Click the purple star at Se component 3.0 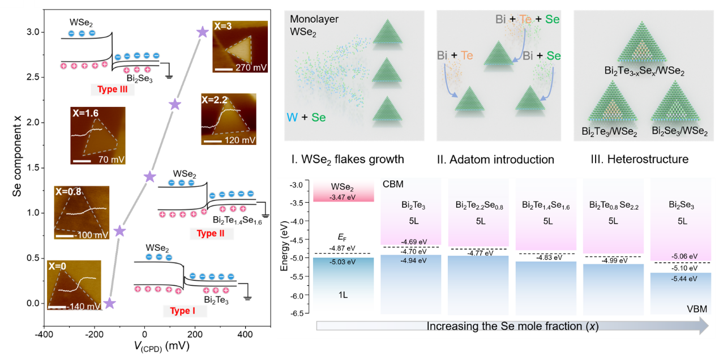pos(201,32)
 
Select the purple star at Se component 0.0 pos(109,303)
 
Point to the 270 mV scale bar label pos(252,67)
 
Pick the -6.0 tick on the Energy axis pos(298,295)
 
